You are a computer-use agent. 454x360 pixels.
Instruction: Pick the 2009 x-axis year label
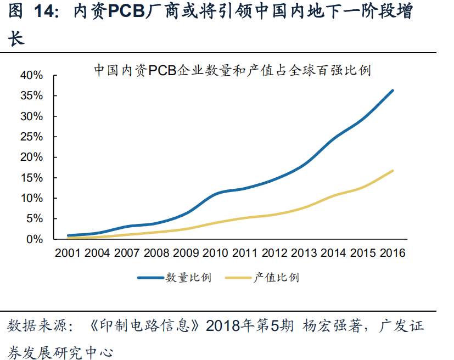186,253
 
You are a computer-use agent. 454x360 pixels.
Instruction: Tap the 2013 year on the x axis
304,253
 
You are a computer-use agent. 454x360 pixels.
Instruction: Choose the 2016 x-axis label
393,253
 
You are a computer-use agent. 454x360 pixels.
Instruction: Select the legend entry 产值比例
276,278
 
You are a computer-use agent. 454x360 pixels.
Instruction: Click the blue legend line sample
150,278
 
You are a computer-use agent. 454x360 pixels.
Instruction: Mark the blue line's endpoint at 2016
393,91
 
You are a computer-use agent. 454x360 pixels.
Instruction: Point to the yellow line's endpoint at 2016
393,171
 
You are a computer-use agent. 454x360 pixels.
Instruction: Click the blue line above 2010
216,193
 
